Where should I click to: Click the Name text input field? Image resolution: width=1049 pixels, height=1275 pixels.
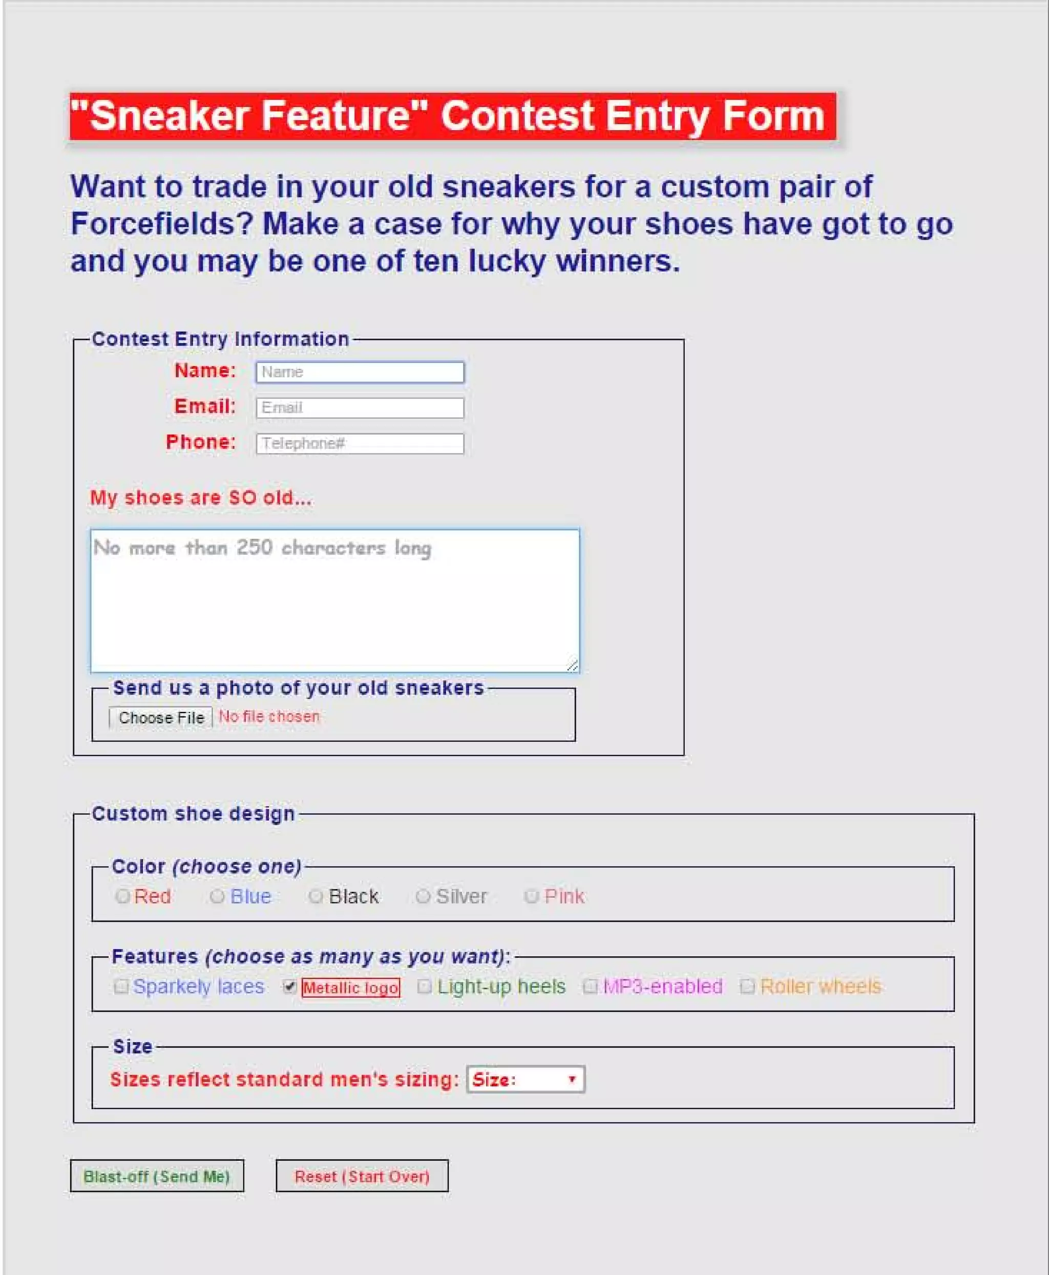360,372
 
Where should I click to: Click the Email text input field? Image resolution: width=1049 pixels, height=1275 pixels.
360,408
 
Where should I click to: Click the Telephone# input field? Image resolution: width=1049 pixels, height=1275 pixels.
360,444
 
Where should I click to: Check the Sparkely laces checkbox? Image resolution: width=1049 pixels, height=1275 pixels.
121,987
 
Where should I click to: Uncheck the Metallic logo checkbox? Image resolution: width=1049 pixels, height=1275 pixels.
289,987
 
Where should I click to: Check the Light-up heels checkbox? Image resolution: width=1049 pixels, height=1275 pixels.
424,987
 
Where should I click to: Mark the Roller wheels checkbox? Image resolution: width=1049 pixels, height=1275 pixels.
747,987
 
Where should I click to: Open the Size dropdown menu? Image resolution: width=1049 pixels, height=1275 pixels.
525,1079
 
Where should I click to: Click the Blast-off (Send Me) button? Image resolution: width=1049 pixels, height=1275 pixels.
157,1176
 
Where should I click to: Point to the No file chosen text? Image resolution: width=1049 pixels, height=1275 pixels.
269,717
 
